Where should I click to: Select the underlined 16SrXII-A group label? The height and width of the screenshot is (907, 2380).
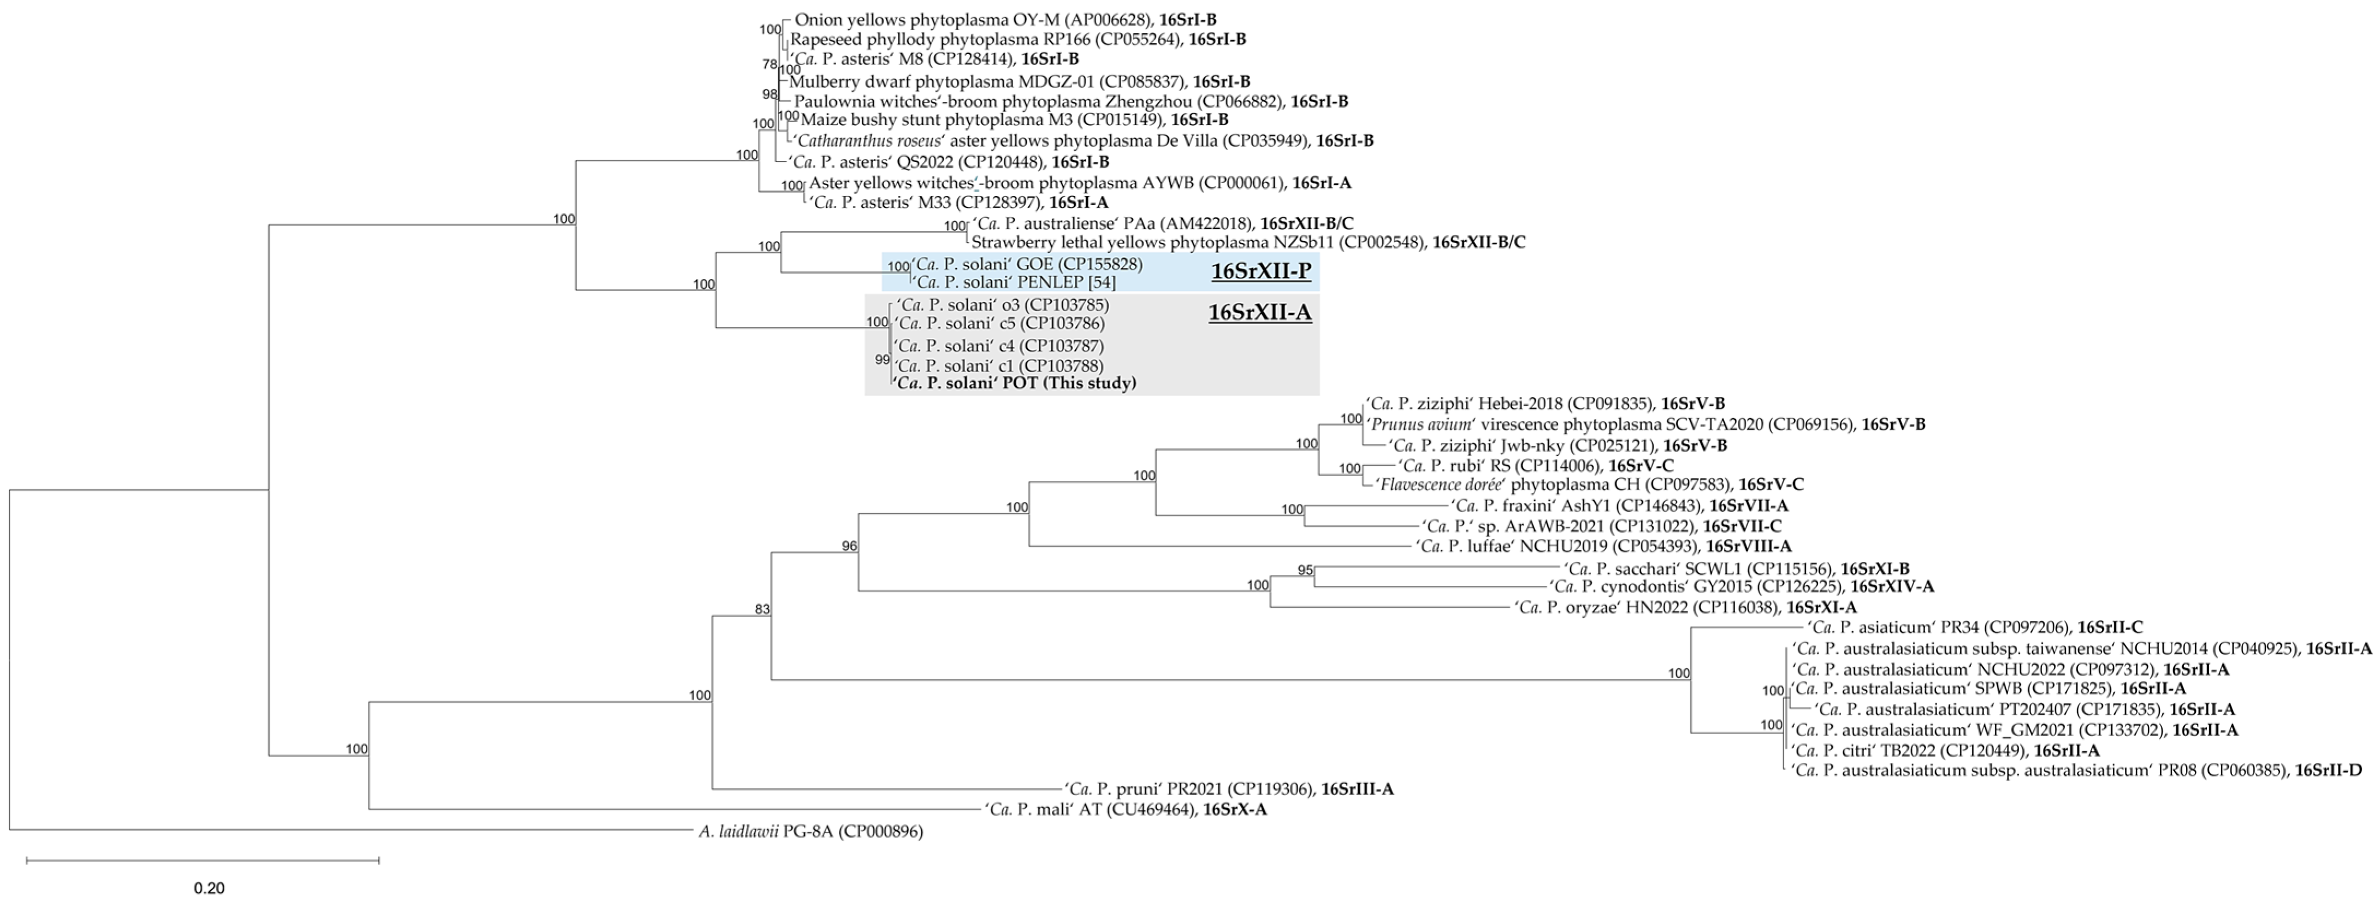[1260, 313]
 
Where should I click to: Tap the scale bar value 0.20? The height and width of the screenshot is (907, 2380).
[209, 888]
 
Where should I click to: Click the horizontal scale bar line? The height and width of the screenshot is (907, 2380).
[203, 860]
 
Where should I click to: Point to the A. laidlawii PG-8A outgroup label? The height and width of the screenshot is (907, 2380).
[810, 831]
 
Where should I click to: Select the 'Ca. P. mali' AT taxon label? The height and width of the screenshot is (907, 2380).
[1092, 810]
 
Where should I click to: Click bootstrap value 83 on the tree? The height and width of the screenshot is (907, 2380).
[762, 609]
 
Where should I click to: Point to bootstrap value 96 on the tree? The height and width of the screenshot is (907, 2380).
[849, 547]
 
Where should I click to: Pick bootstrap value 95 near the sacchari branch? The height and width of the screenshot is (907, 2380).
[1305, 570]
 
